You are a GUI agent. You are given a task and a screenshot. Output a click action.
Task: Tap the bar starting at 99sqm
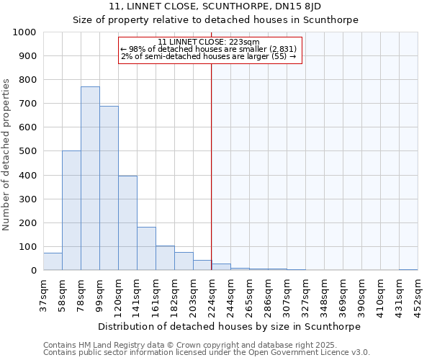[x=109, y=188]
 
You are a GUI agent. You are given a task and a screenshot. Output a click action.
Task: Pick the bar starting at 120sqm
[x=127, y=223]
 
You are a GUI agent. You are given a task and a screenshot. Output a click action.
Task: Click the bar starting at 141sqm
[x=146, y=248]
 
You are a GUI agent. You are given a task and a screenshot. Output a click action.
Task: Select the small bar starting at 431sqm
[x=408, y=269]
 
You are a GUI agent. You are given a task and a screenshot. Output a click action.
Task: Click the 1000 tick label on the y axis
[x=24, y=32]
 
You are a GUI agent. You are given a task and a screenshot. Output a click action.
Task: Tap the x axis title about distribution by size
[x=229, y=326]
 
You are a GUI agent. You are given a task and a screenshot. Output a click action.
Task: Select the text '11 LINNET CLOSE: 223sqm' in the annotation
[x=209, y=42]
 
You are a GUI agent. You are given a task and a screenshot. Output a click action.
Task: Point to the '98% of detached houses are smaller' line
[x=209, y=49]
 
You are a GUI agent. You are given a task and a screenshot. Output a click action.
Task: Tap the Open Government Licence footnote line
[x=207, y=352]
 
